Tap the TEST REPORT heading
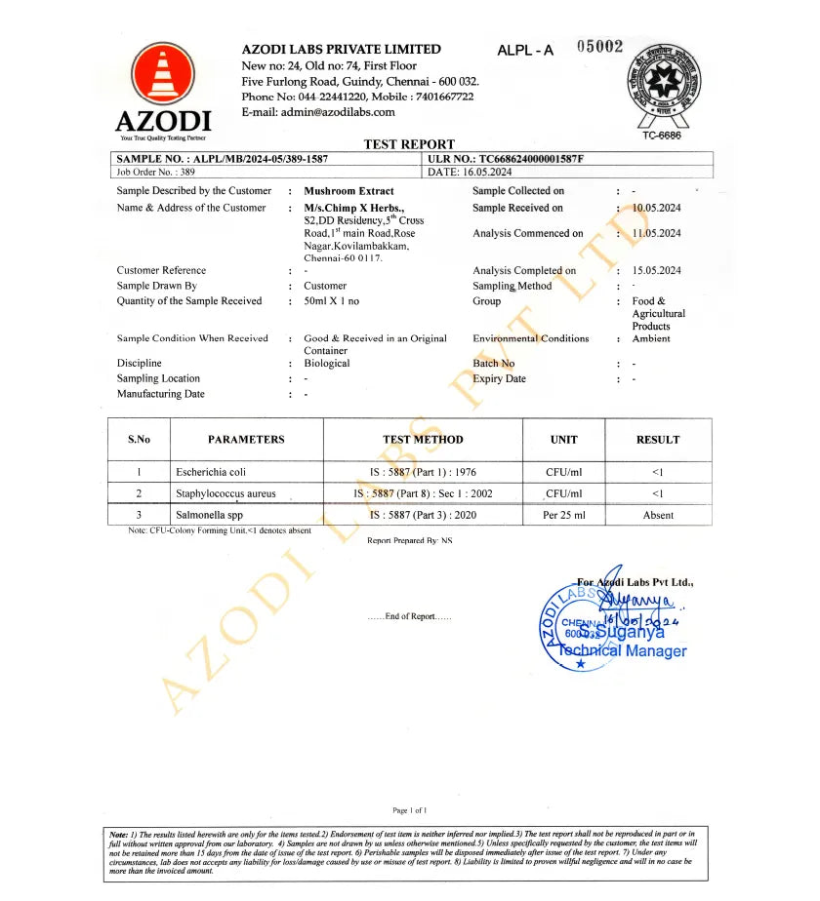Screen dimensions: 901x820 click(409, 144)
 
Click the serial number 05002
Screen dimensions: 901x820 click(599, 47)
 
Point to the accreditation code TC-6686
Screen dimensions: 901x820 click(663, 136)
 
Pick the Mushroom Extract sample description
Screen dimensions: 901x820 click(348, 191)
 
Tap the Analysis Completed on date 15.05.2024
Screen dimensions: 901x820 click(656, 271)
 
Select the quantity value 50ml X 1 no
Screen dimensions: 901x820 click(332, 301)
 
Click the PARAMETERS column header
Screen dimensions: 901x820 click(246, 440)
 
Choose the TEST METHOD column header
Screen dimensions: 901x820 click(423, 440)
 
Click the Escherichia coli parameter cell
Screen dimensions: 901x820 click(204, 472)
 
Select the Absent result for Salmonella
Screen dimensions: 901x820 click(657, 515)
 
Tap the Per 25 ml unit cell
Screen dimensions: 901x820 click(563, 515)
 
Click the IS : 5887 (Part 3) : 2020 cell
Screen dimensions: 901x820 click(423, 515)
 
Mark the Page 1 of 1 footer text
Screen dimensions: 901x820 click(410, 810)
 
